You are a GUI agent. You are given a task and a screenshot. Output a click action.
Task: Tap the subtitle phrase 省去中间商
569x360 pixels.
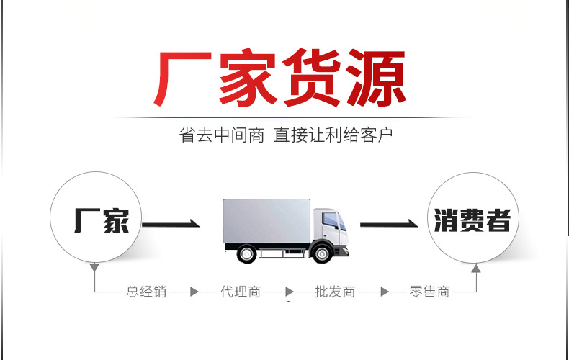[222, 135]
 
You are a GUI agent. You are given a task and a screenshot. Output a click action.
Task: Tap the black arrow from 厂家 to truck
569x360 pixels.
[171, 225]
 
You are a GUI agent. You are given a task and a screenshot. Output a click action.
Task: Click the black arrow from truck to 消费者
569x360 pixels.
[390, 225]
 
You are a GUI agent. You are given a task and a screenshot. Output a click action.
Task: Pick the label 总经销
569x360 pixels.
[146, 292]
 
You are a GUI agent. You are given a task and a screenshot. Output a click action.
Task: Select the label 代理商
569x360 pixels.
[241, 292]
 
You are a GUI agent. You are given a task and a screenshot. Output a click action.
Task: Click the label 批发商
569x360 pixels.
[335, 292]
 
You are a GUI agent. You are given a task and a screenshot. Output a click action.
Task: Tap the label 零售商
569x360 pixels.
[429, 292]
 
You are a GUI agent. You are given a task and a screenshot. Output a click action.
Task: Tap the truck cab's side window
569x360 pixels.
[329, 219]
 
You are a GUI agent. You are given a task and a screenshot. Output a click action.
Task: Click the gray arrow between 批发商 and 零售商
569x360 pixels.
[382, 292]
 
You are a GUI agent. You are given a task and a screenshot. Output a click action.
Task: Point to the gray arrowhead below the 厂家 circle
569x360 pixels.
[94, 268]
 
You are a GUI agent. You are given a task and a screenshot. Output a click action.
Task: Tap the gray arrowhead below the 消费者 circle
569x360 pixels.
[475, 268]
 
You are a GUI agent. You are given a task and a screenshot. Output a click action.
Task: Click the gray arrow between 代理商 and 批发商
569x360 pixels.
[288, 292]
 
